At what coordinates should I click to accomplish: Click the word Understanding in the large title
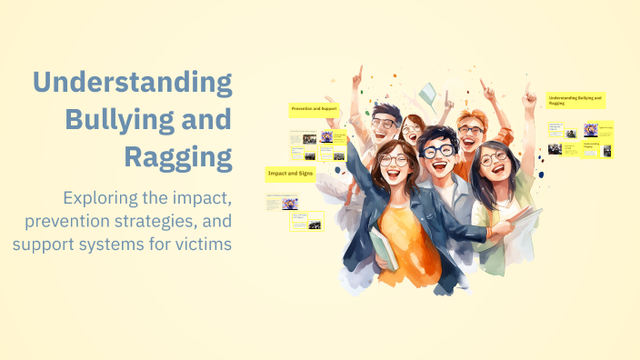[x=133, y=84]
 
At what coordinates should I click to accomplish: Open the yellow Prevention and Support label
[x=314, y=109]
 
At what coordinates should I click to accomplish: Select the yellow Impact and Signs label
[x=289, y=172]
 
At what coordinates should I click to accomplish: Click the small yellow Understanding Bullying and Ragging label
[x=575, y=100]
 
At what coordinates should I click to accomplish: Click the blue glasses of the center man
[x=440, y=152]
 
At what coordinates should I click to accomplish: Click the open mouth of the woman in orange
[x=401, y=174]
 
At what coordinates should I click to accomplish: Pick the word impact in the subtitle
[x=205, y=197]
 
